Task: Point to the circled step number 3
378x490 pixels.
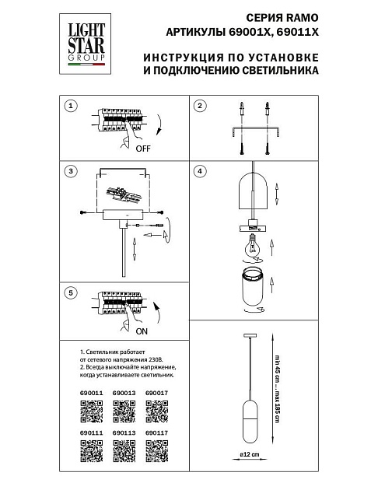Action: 72,170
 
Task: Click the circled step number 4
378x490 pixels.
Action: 200,170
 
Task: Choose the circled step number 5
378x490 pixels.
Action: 72,292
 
